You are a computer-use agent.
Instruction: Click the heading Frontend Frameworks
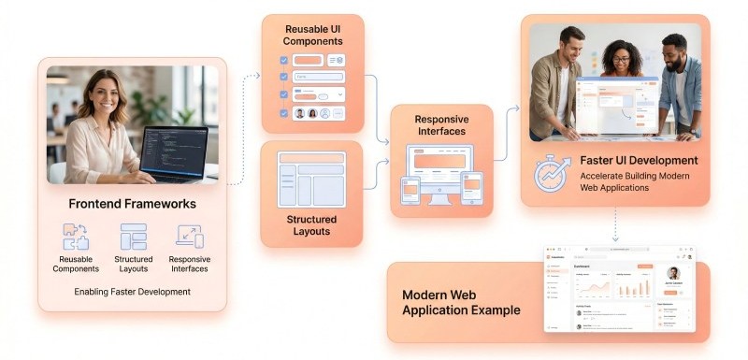click(x=131, y=204)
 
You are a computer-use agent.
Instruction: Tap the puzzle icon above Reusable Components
click(x=75, y=236)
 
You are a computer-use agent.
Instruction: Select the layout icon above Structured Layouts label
click(x=133, y=236)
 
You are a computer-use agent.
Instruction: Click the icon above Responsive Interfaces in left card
click(x=189, y=236)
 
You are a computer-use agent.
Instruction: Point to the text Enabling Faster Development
click(x=132, y=292)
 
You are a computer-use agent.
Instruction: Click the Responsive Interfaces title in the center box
click(x=441, y=125)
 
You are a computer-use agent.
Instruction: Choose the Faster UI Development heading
click(x=639, y=160)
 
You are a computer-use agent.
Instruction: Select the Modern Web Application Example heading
click(x=461, y=302)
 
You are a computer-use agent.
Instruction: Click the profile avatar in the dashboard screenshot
click(x=673, y=273)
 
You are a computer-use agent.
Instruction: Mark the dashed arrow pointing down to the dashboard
click(x=615, y=224)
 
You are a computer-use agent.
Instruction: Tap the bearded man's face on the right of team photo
click(x=676, y=48)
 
